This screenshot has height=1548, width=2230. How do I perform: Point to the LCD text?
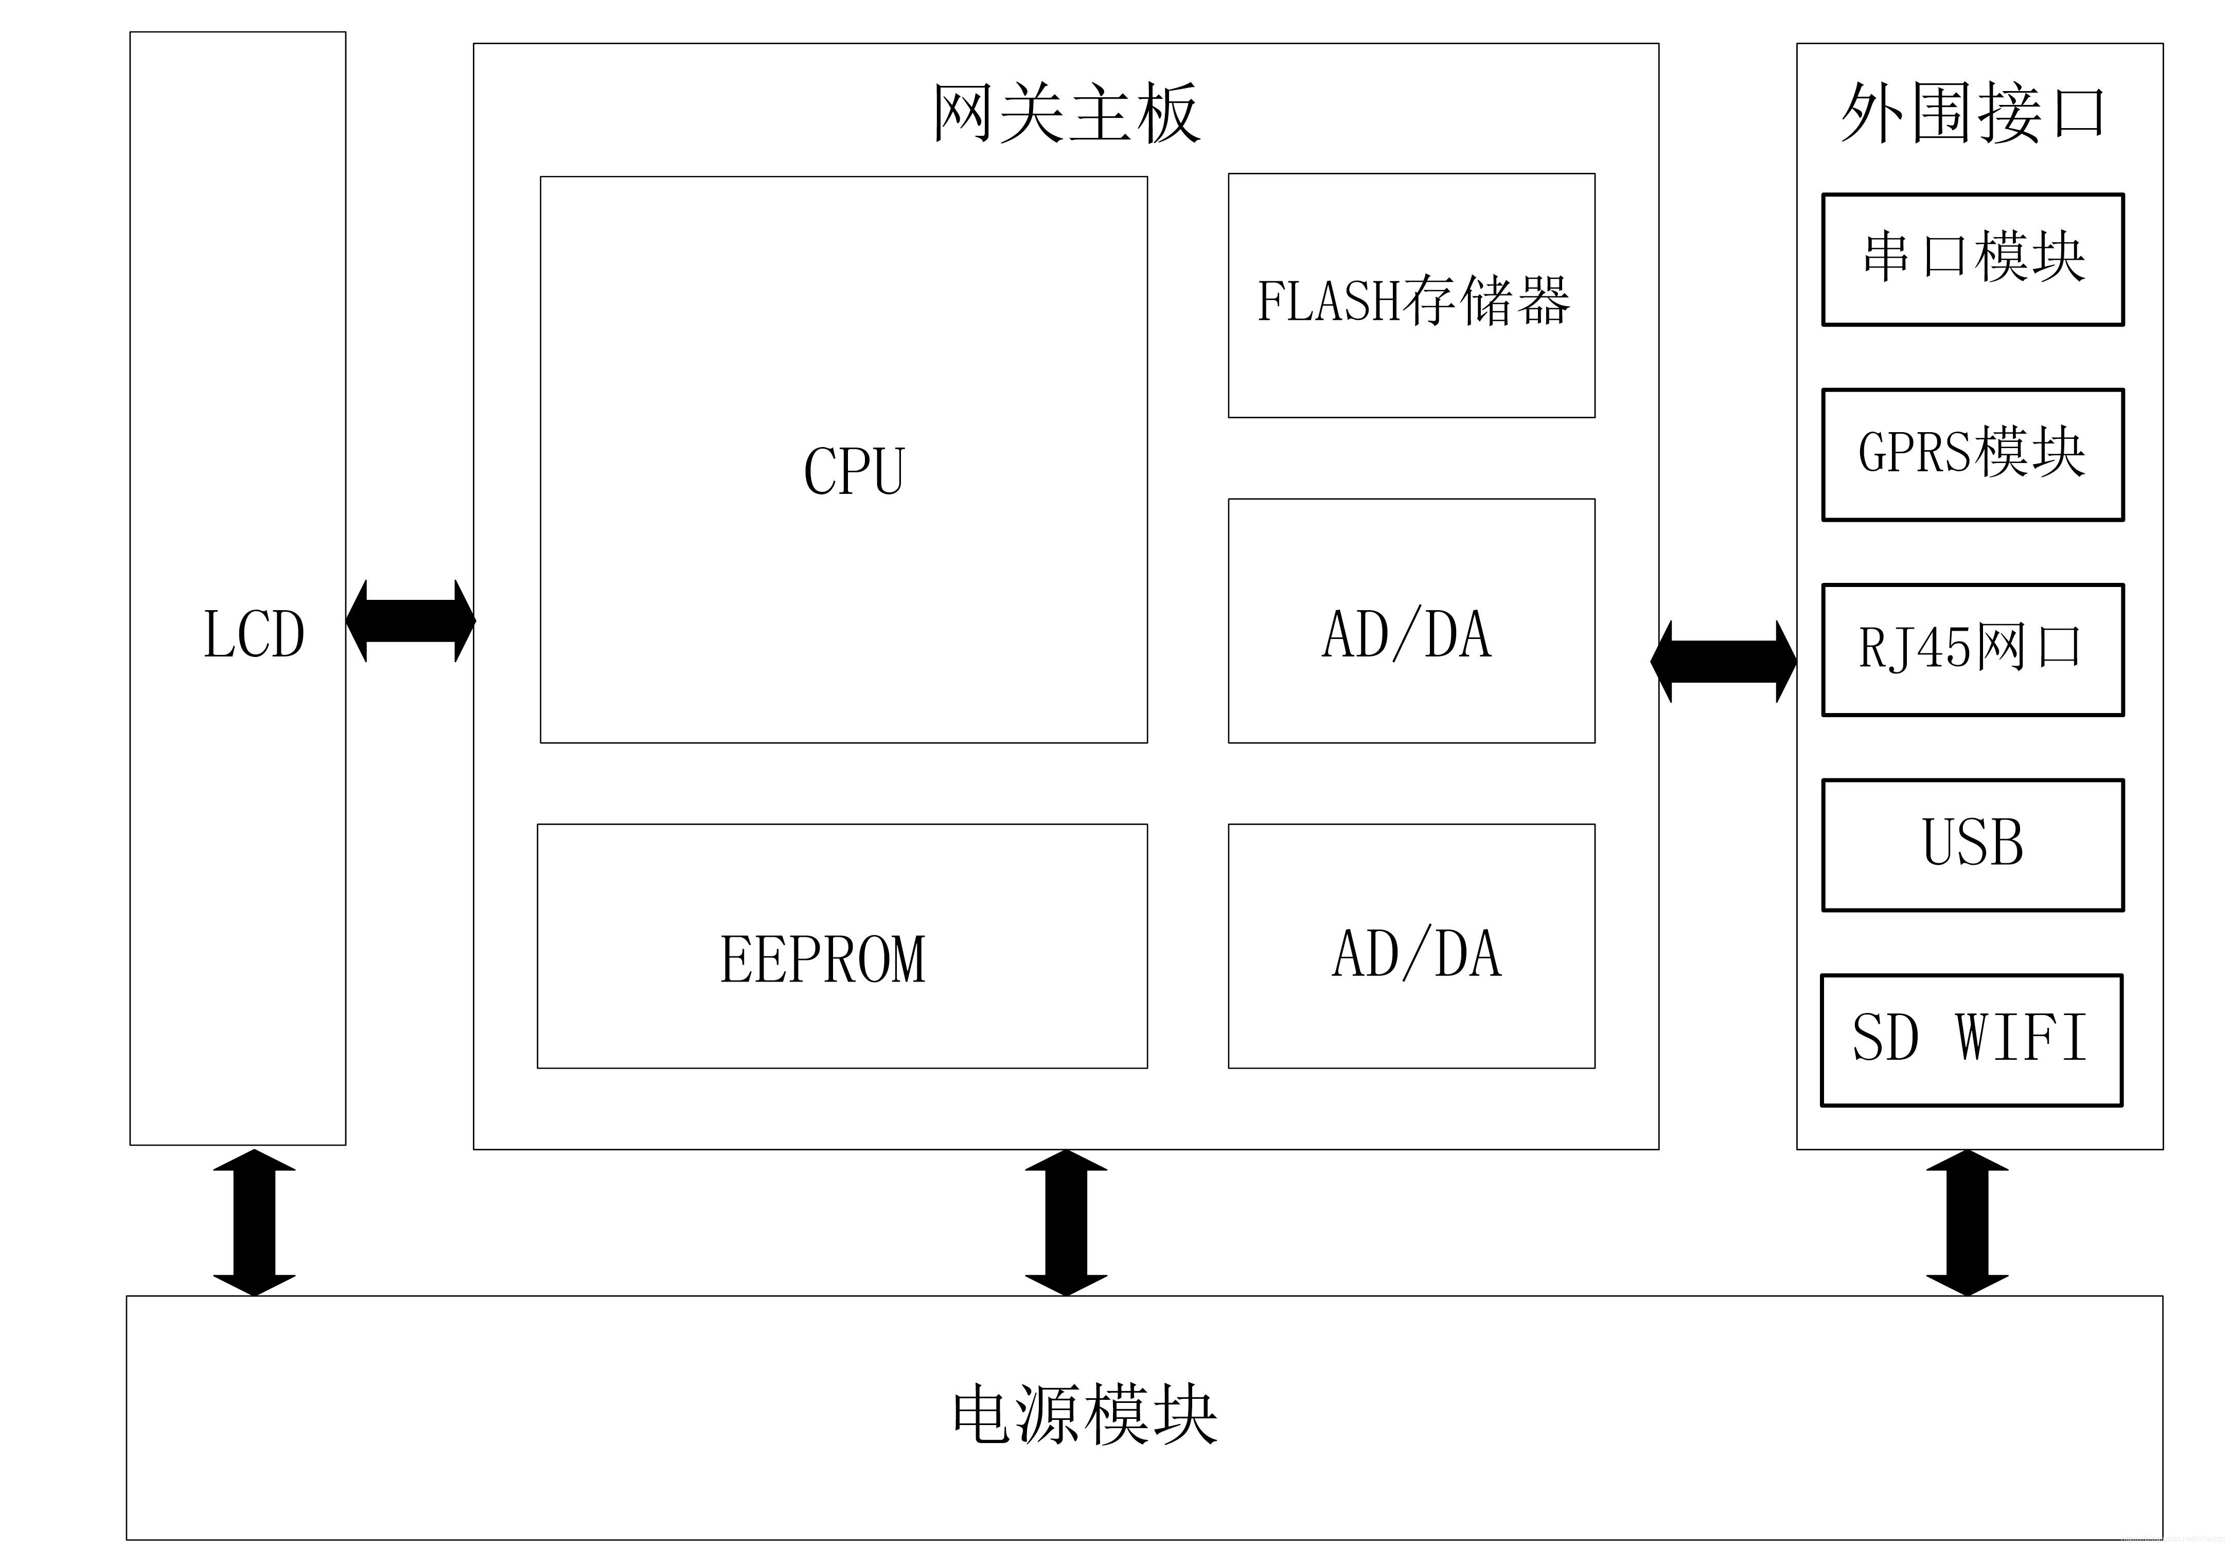pos(254,635)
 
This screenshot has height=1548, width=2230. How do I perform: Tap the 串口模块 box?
pos(1972,259)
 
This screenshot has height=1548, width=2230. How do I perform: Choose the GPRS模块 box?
pos(1972,454)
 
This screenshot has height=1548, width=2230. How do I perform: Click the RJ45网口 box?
pos(1972,649)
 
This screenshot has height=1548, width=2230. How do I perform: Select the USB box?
pos(1972,844)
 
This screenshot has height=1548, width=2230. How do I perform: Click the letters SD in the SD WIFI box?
pos(1885,1038)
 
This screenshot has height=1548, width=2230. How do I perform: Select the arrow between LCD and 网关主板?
pos(410,621)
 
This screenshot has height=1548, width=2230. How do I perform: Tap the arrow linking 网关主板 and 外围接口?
pos(1723,662)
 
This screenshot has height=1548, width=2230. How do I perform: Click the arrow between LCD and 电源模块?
pos(254,1222)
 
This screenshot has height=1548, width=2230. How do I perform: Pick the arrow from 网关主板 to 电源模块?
pos(1066,1222)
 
